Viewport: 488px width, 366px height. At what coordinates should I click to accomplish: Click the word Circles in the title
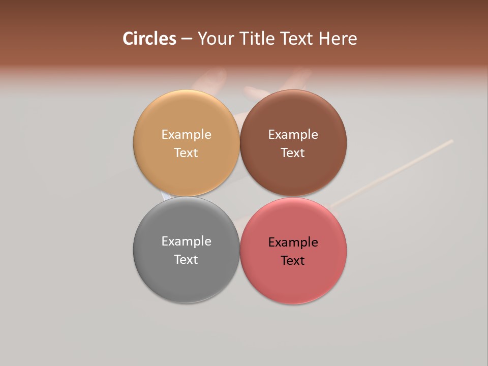tap(149, 39)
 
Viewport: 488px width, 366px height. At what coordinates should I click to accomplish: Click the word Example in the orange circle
tap(186, 135)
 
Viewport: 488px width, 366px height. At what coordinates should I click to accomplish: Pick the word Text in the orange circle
tap(186, 153)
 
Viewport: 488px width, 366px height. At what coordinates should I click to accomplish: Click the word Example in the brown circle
tap(293, 135)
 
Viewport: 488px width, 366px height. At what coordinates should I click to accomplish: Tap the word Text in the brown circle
tap(293, 153)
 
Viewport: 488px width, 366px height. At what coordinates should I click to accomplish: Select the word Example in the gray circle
tap(186, 241)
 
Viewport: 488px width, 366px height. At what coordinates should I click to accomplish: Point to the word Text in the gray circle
tap(186, 260)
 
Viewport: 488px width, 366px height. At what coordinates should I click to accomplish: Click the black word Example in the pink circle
tap(293, 242)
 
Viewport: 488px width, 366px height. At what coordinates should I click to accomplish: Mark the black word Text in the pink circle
tap(293, 261)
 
